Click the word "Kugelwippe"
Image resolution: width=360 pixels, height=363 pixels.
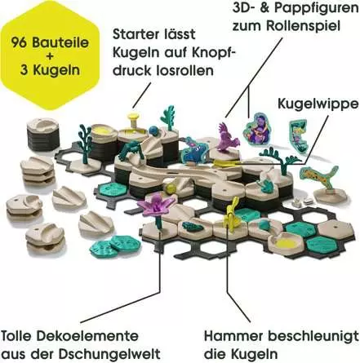(318, 104)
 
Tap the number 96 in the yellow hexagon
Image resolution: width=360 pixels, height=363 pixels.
(20, 43)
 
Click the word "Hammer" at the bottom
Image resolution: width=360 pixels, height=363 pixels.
(234, 337)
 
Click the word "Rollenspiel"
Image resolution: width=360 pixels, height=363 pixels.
(303, 26)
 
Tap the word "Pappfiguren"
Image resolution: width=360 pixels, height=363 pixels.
(316, 8)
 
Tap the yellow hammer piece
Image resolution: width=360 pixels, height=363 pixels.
(231, 215)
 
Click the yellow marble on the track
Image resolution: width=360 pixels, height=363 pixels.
(171, 188)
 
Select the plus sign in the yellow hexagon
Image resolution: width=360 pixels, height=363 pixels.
(51, 56)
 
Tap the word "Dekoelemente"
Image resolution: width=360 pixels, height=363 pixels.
(88, 337)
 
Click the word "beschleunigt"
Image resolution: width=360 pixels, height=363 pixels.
(313, 337)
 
